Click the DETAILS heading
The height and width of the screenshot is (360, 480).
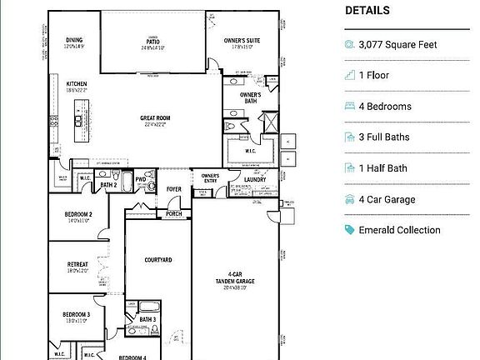pos(367,11)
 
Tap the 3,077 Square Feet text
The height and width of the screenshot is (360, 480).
pos(397,45)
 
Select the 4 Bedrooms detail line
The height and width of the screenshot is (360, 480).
pos(385,107)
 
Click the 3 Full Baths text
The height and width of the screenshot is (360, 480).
pos(384,137)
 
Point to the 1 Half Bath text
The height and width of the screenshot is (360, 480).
pos(382,168)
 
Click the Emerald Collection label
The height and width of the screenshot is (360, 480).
pos(399,230)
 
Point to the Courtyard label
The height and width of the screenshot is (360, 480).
pos(157,260)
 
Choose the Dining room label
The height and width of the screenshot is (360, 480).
pos(74,39)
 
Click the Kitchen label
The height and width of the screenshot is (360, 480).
pos(77,83)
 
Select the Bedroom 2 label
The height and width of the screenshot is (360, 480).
pos(78,215)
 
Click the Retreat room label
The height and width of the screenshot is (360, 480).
pos(77,265)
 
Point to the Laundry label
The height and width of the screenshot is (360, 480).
pos(255,179)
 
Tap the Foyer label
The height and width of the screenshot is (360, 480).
pos(173,189)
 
